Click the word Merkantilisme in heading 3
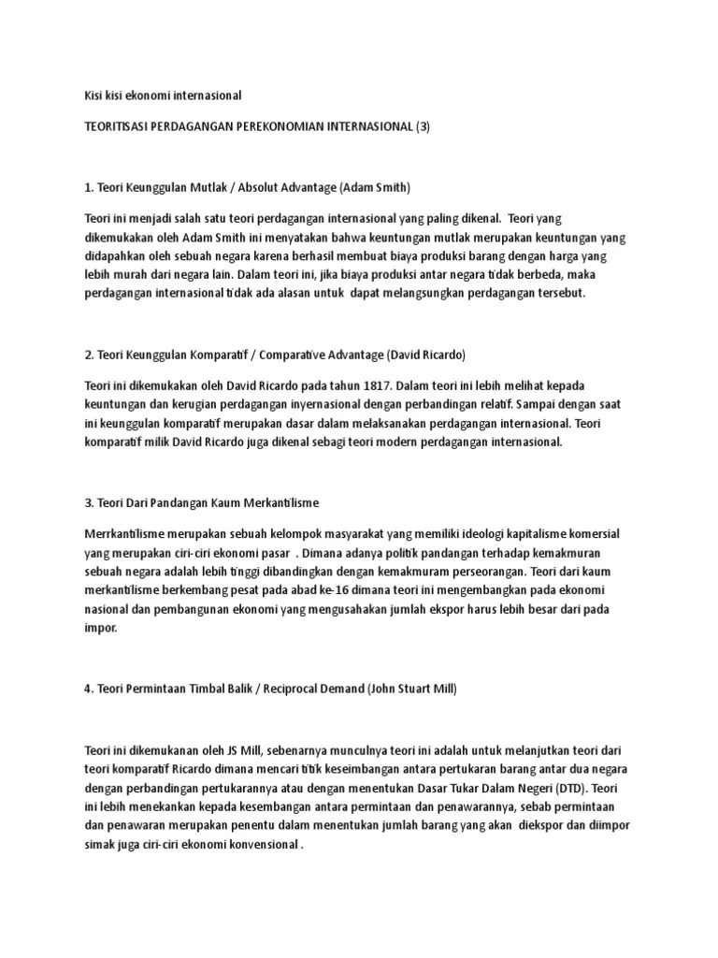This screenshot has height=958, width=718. pyautogui.click(x=278, y=502)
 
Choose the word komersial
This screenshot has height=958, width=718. pyautogui.click(x=585, y=533)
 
